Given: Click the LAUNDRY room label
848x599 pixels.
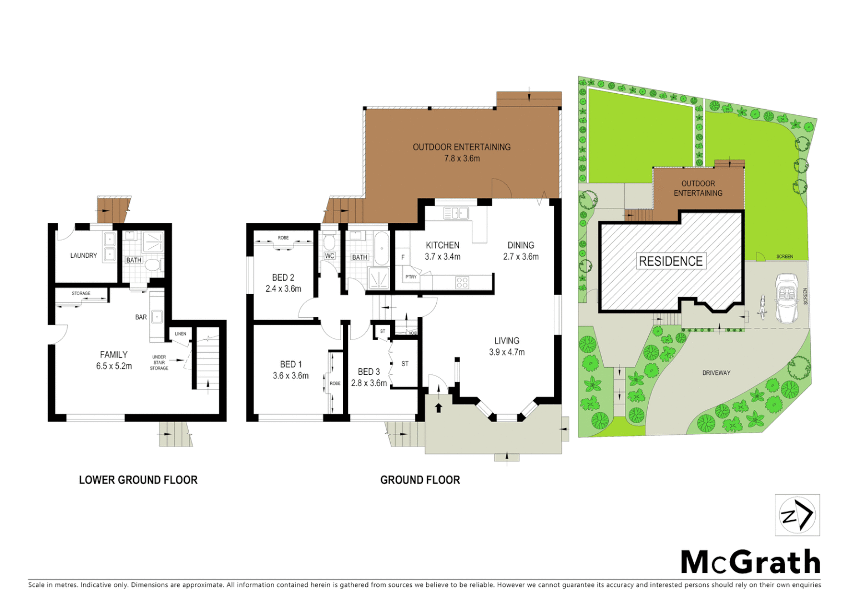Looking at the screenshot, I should (x=83, y=256).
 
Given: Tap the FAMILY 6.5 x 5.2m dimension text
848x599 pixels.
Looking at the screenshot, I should (x=114, y=366).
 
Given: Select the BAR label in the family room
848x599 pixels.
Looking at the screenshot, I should (x=141, y=317).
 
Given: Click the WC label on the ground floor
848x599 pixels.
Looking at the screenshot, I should (x=330, y=256).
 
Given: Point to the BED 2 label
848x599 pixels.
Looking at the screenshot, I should (x=283, y=277).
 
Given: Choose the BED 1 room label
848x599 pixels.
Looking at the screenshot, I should (x=291, y=364).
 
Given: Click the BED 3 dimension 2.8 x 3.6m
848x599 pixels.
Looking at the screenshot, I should (x=369, y=383).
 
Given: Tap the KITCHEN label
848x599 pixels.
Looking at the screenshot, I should (x=442, y=245).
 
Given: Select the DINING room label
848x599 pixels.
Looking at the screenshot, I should (x=521, y=245).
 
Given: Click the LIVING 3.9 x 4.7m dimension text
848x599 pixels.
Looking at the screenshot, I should (x=507, y=352).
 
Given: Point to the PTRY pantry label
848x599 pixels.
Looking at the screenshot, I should (x=411, y=277).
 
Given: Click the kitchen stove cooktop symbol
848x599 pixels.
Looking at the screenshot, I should (x=462, y=283).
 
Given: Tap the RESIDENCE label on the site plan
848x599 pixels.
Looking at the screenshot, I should (x=670, y=261).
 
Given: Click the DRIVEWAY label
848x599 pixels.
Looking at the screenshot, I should (x=716, y=373).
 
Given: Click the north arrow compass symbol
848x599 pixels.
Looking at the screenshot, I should (x=797, y=515).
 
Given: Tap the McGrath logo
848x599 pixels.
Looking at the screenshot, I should (x=750, y=562).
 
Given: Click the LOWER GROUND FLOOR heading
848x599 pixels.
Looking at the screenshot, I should (x=138, y=480).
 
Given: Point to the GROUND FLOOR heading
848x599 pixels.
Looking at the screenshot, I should (x=420, y=480).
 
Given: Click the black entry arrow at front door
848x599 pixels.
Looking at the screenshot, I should (x=438, y=408).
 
